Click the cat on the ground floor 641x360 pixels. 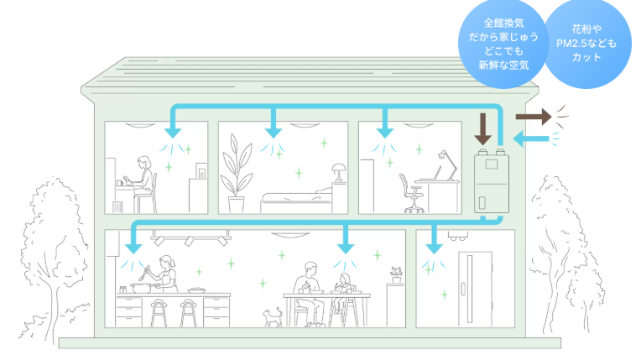pyautogui.click(x=272, y=316)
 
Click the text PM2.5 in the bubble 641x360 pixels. pyautogui.click(x=574, y=43)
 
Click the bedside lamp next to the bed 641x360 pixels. pyautogui.click(x=337, y=172)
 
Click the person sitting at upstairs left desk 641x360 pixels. pyautogui.click(x=144, y=180)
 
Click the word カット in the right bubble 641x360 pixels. pyautogui.click(x=586, y=57)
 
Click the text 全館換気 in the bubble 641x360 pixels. pyautogui.click(x=504, y=23)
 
